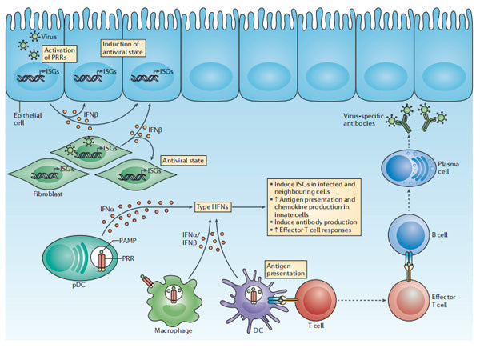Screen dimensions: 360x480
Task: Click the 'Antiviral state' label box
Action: [184, 159]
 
